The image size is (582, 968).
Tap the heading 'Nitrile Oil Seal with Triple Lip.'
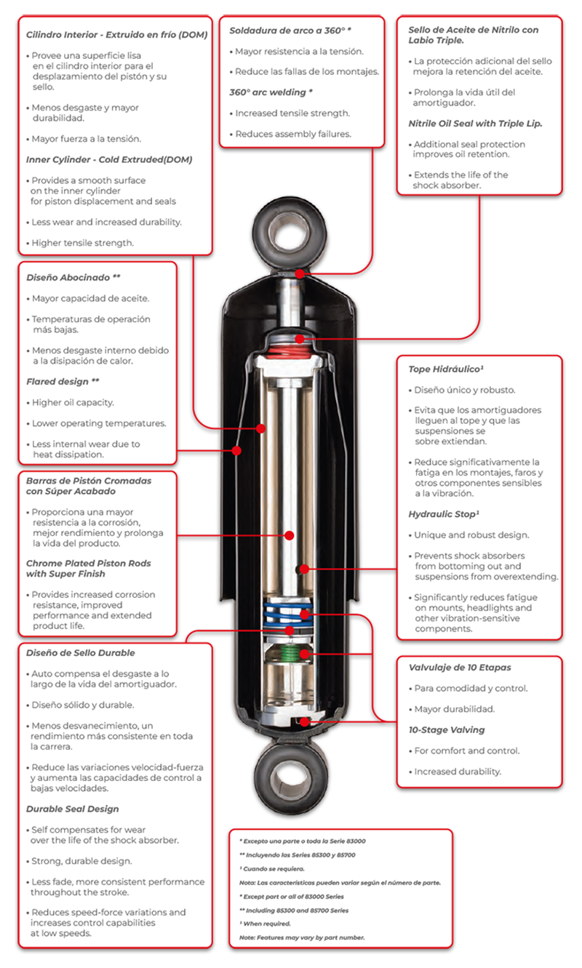tap(475, 124)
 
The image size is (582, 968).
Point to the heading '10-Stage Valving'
tap(447, 730)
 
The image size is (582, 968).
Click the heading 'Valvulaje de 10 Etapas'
tap(460, 668)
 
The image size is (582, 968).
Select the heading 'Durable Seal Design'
tap(72, 809)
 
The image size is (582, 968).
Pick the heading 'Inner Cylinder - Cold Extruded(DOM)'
tap(109, 159)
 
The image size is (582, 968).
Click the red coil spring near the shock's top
tap(289, 351)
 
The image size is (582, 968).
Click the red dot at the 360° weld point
tap(300, 273)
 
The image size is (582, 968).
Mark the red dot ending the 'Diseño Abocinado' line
tap(236, 451)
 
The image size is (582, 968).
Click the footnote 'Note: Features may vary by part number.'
tap(302, 937)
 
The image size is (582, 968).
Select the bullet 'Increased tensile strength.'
tap(292, 113)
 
